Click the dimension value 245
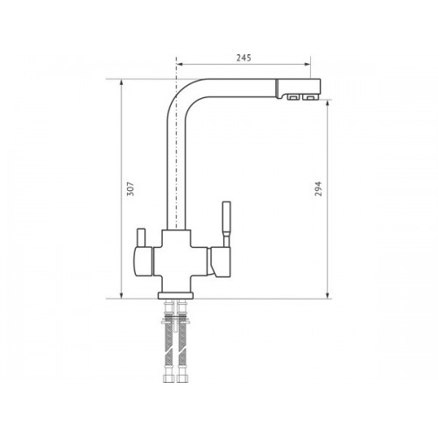(x=244, y=58)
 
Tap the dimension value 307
(x=131, y=188)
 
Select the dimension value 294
(x=318, y=188)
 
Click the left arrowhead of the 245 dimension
(x=180, y=65)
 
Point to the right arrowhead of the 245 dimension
(x=307, y=65)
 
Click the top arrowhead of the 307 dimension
(x=122, y=82)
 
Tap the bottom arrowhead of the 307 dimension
(x=122, y=295)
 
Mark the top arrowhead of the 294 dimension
(x=328, y=104)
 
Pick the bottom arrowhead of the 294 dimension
(x=328, y=295)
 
